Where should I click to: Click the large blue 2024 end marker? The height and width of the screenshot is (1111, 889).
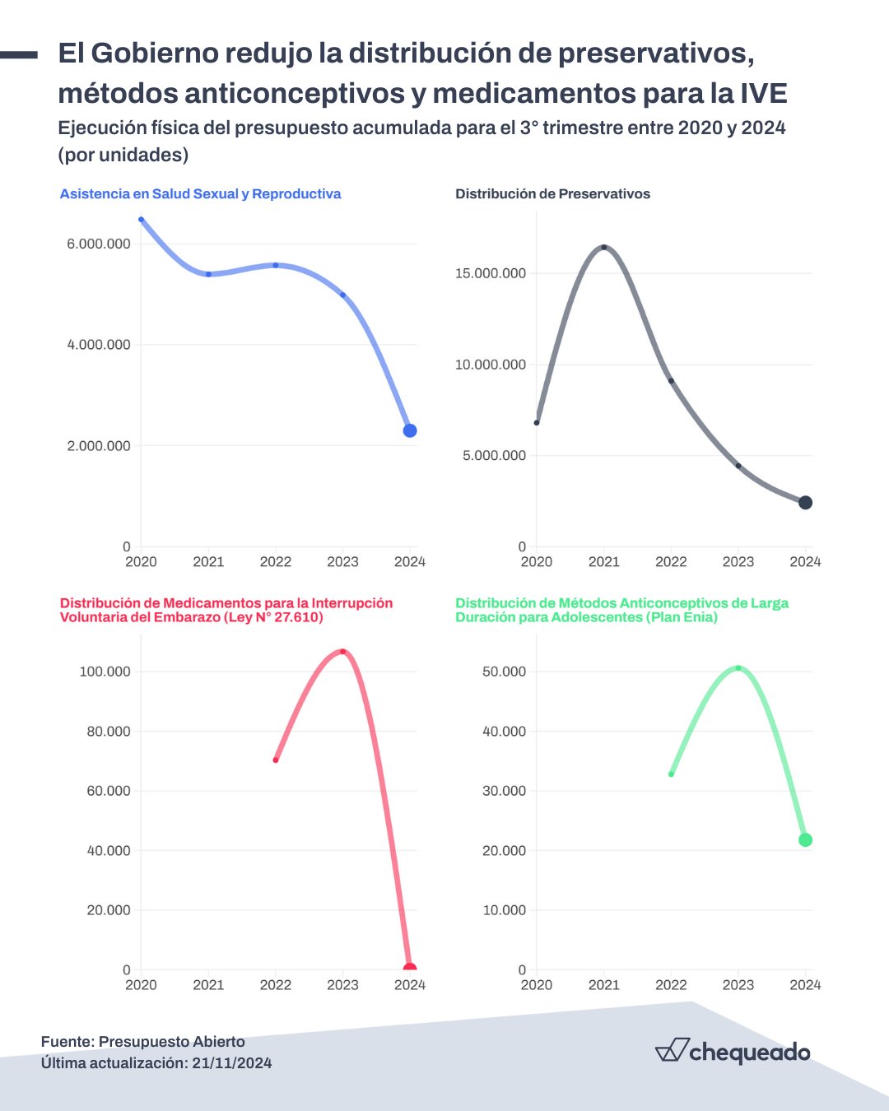[x=410, y=430]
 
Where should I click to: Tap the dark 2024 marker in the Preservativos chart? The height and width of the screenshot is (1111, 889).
[x=805, y=503]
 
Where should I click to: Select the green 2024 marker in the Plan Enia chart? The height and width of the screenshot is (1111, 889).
[x=805, y=840]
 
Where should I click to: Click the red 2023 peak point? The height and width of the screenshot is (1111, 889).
[x=342, y=652]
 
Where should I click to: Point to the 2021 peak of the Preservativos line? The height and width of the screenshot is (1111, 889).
[x=603, y=247]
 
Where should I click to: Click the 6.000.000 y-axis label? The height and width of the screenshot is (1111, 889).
[x=99, y=244]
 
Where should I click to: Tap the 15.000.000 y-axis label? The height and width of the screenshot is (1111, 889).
[x=491, y=273]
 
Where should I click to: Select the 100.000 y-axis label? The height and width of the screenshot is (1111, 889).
[x=105, y=672]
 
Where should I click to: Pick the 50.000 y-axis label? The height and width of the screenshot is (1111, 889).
[x=504, y=672]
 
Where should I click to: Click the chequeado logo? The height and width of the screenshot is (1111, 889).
[x=733, y=1051]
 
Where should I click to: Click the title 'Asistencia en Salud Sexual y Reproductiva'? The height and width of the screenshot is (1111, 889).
[x=200, y=194]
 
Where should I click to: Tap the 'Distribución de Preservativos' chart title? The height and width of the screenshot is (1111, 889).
[x=552, y=194]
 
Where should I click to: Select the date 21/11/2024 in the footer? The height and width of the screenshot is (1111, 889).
[x=232, y=1063]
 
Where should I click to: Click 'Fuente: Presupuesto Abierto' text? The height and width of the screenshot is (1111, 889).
[x=142, y=1042]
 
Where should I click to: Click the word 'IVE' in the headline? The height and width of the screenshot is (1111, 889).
[x=764, y=94]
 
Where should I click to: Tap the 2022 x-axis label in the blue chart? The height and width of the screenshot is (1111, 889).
[x=275, y=561]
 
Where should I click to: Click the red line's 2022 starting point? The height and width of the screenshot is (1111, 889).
[x=276, y=760]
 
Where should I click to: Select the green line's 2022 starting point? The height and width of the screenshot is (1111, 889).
[x=671, y=774]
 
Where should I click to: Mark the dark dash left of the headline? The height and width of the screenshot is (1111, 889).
[x=19, y=55]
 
